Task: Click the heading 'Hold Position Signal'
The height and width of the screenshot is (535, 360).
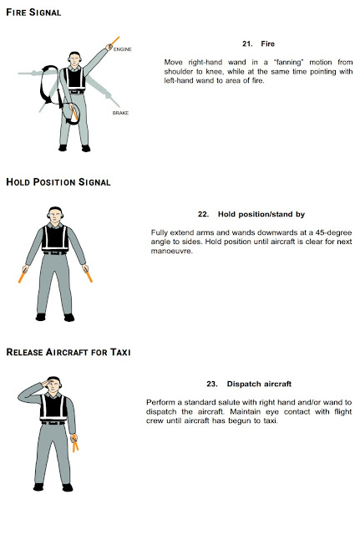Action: pyautogui.click(x=58, y=182)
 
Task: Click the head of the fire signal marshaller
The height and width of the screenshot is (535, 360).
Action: pyautogui.click(x=74, y=59)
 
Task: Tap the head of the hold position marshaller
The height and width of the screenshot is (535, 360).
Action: pyautogui.click(x=54, y=215)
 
